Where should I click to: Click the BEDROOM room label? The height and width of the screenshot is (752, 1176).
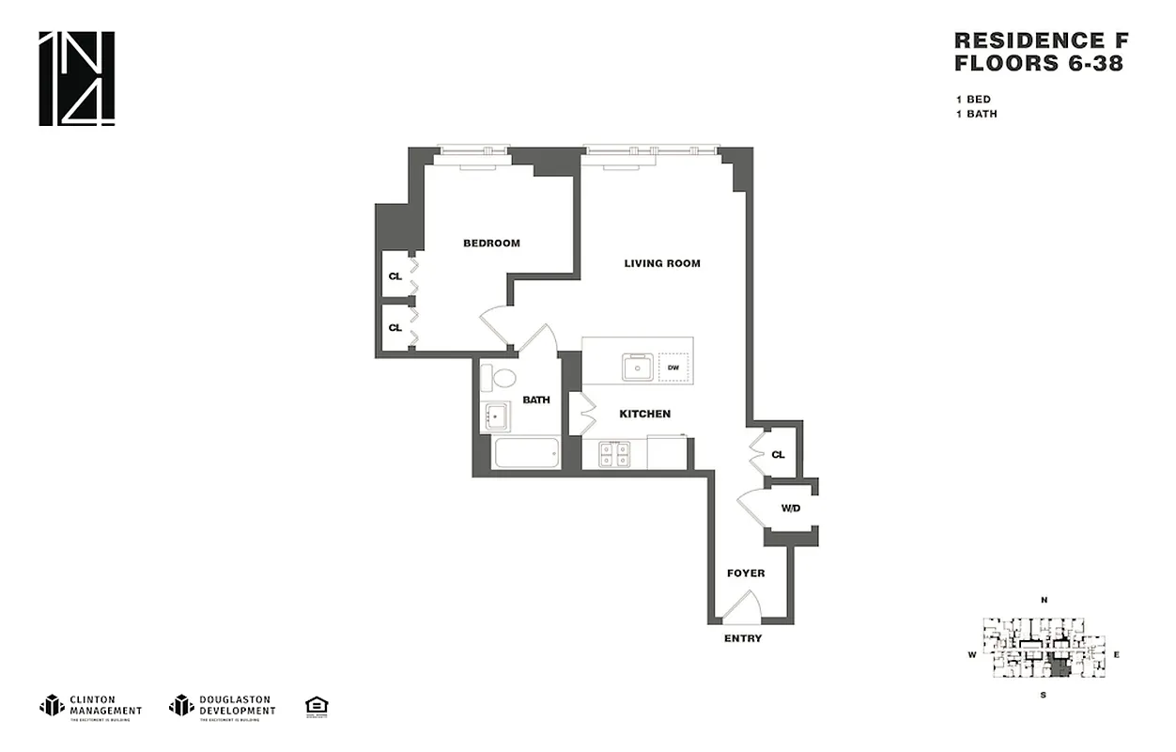[491, 243]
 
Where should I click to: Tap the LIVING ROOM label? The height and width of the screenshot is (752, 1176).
[662, 263]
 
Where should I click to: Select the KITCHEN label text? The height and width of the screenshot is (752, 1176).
[644, 414]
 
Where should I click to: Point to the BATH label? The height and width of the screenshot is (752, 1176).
[536, 399]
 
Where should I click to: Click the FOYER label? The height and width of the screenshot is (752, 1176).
[746, 572]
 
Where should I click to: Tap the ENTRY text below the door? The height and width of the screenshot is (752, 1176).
[743, 639]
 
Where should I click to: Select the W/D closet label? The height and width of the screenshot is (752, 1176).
[791, 509]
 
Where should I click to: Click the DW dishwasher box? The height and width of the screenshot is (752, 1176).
[673, 368]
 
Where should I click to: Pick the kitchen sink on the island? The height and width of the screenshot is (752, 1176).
[639, 367]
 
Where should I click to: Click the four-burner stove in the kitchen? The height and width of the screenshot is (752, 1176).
[614, 455]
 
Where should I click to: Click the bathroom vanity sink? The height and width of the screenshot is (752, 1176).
[495, 416]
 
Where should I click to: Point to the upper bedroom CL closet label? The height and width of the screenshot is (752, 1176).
[395, 276]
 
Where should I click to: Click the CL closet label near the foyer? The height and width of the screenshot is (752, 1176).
[778, 455]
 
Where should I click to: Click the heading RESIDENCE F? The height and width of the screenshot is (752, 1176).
[1041, 40]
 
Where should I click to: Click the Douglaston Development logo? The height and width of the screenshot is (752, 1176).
[223, 706]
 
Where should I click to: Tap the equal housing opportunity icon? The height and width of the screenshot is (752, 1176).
[317, 706]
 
